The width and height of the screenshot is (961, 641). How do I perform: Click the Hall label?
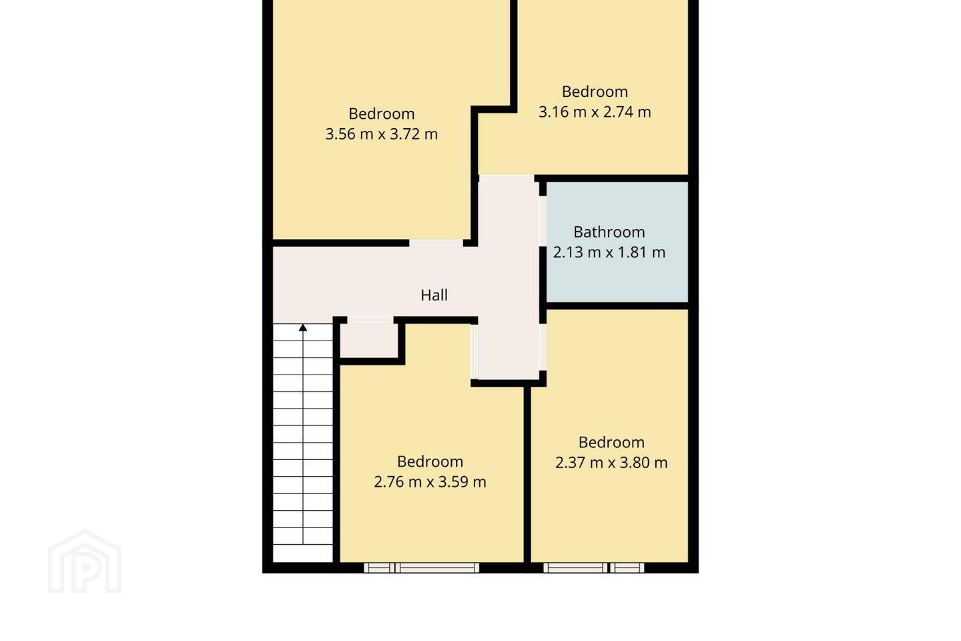[x=434, y=295]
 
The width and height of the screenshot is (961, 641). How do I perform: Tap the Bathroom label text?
[x=609, y=232]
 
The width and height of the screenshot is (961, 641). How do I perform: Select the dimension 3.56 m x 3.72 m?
[x=382, y=134]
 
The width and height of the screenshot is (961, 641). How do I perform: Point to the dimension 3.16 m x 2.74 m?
[x=595, y=112]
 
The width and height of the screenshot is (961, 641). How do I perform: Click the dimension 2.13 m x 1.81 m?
[x=609, y=252]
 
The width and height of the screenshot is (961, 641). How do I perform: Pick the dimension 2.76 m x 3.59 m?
[x=430, y=482]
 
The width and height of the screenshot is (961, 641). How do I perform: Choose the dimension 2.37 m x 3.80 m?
[x=611, y=463]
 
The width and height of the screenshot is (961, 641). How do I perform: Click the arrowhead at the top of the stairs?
[x=303, y=328]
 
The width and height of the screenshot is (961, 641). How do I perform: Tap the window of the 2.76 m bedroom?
[x=421, y=568]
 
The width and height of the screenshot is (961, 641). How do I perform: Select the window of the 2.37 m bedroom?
[x=594, y=568]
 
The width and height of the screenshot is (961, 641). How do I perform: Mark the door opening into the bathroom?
[x=543, y=221]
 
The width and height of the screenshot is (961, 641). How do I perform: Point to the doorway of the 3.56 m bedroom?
[x=436, y=244]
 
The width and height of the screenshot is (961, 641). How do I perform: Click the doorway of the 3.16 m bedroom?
[x=507, y=178]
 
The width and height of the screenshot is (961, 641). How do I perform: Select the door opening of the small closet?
[x=370, y=320]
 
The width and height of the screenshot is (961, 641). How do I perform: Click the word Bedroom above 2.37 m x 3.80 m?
[x=611, y=443]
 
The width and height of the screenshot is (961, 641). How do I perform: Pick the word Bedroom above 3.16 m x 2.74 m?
[x=595, y=92]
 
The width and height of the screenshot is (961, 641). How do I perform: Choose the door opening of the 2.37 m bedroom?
[x=543, y=347]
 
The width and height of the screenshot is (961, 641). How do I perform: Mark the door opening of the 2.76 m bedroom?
[x=474, y=352]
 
